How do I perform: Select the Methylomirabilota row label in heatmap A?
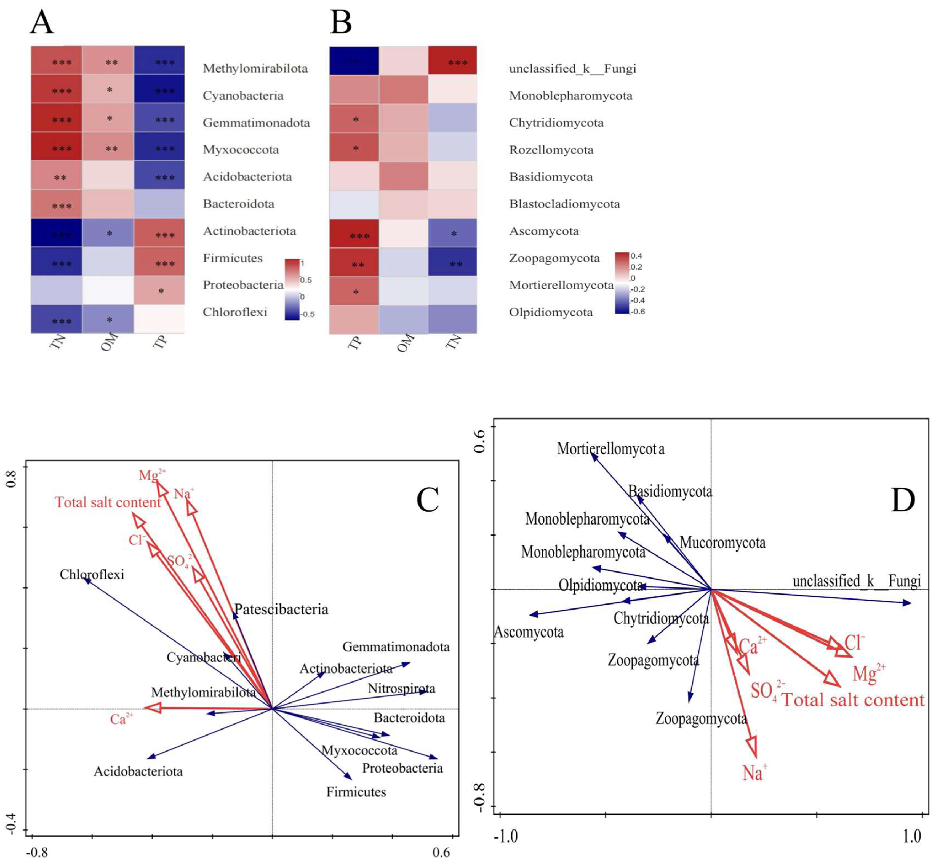click(255, 69)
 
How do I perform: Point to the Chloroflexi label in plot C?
click(92, 574)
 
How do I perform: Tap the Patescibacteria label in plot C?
click(281, 609)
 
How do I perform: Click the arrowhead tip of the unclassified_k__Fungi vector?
click(911, 603)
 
